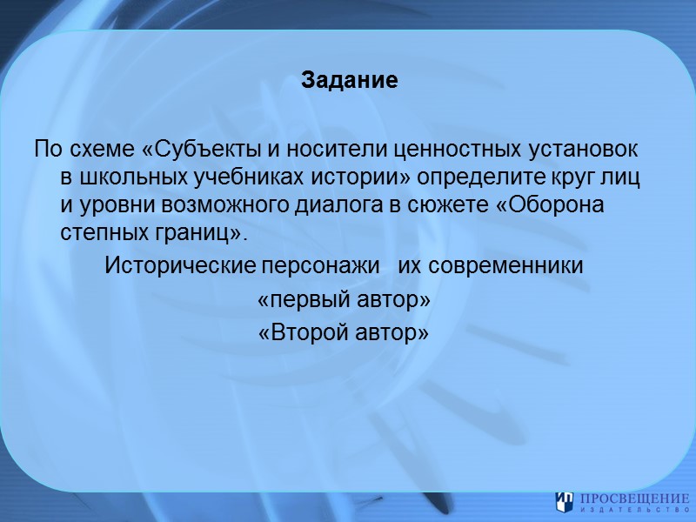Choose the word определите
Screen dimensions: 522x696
tap(477, 178)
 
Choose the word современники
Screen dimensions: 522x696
tap(502, 265)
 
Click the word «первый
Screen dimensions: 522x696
tap(305, 299)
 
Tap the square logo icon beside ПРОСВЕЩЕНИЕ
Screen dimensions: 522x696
tap(564, 501)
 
